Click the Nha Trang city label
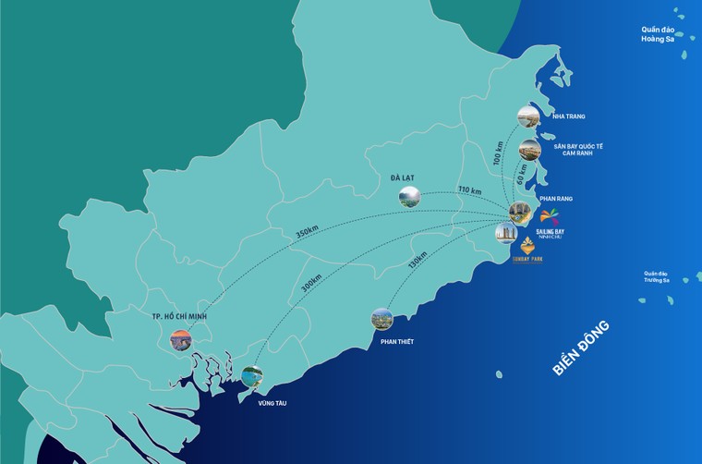[568, 116]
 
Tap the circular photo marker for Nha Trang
[528, 116]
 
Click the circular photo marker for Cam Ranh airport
[529, 150]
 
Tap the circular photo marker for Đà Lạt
[409, 196]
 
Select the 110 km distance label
[469, 191]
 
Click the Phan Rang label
[554, 198]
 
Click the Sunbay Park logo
[528, 251]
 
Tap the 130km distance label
[418, 262]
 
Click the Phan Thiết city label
[396, 342]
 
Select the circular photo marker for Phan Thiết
[381, 320]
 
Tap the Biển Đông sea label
[581, 348]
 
